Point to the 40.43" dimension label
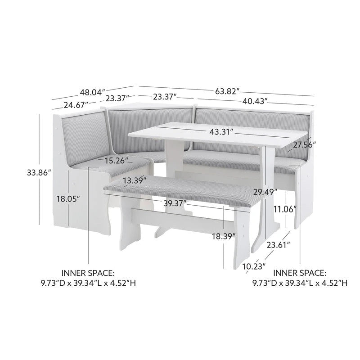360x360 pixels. pos(255,101)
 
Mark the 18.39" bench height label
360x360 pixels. pos(223,236)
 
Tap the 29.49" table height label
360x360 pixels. pos(264,192)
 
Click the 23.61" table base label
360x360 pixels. pos(278,245)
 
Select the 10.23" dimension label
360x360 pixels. pos(253,266)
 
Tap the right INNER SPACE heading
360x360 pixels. pos(300,273)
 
